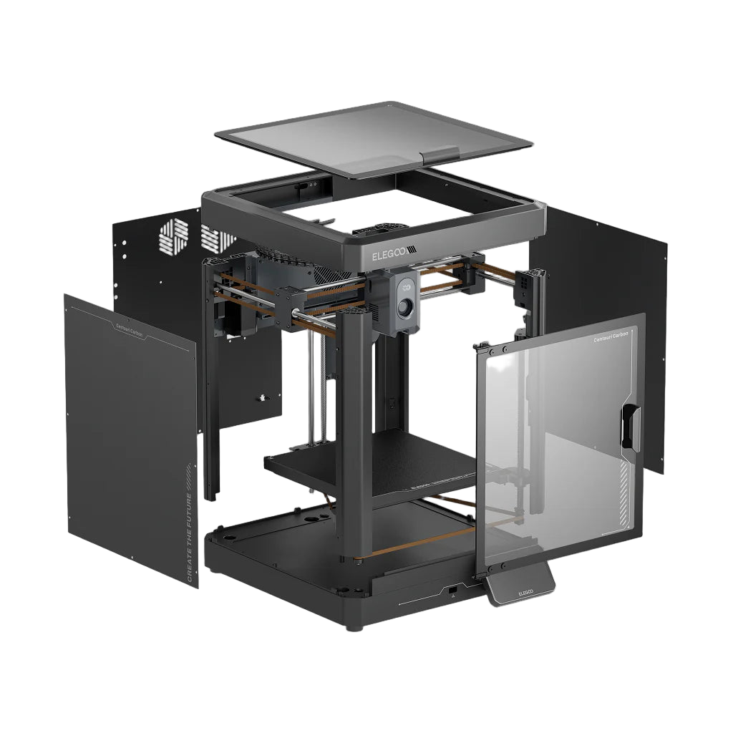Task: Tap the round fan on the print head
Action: coord(405,307)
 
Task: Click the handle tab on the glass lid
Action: coord(440,154)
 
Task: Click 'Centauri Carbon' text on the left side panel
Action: coord(129,330)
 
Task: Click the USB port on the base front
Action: coord(452,589)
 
